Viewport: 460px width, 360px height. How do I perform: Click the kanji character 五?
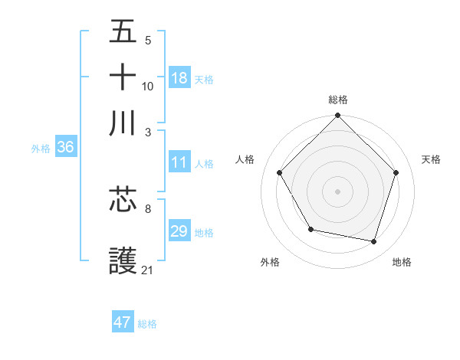[123, 32]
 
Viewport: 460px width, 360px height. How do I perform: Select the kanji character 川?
[123, 123]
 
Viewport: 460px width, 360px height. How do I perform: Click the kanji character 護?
[123, 261]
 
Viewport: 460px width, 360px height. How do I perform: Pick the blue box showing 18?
[179, 77]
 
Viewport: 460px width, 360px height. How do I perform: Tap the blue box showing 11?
[179, 162]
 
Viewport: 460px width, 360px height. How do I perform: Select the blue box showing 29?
[179, 231]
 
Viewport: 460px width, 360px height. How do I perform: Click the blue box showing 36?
[65, 148]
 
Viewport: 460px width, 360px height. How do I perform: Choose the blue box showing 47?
[123, 322]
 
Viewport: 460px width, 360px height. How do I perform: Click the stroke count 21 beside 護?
[148, 270]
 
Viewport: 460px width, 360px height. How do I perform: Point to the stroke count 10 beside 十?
[148, 86]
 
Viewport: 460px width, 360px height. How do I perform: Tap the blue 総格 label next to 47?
[147, 324]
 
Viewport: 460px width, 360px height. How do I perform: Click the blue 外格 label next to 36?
[41, 149]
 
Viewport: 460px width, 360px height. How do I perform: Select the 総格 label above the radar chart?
[338, 100]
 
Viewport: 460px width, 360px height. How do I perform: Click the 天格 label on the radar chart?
[431, 159]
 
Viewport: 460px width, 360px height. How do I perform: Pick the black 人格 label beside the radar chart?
[245, 159]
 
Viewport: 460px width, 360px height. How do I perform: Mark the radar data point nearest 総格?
[338, 116]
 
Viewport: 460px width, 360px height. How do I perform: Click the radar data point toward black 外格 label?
[310, 229]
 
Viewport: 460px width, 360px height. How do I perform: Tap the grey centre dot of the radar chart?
[338, 191]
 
